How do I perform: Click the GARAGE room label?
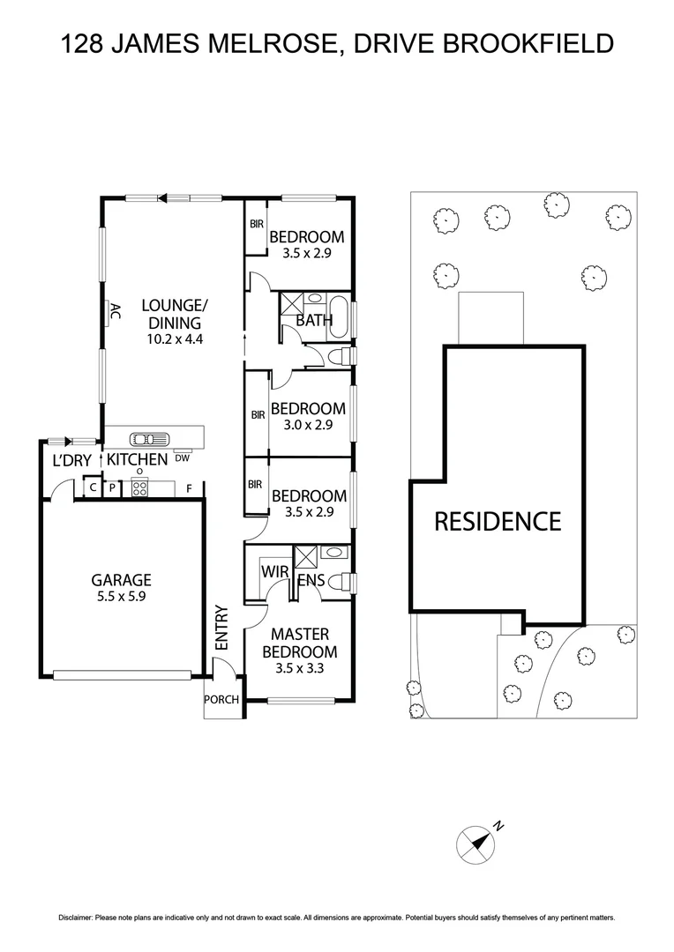coord(122,580)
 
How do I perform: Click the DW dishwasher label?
coord(182,457)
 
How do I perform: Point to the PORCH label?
coord(221,700)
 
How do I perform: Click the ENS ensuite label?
coord(311,581)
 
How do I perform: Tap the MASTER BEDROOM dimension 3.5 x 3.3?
coord(299,669)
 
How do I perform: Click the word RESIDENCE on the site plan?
coord(497,521)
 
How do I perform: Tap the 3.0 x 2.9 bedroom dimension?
coord(308,425)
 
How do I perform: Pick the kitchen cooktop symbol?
coord(139,487)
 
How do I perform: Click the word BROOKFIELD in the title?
coord(533,43)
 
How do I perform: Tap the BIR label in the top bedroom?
coord(256,225)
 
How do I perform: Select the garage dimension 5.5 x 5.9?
coord(122,597)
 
